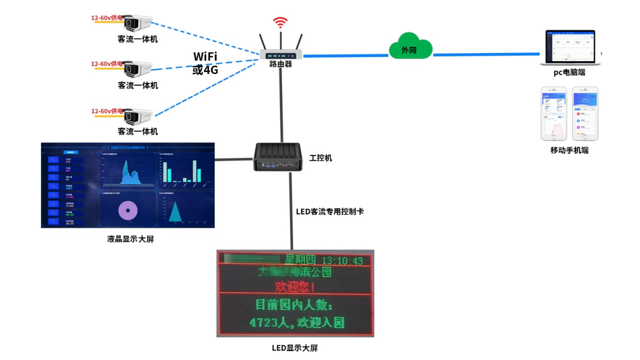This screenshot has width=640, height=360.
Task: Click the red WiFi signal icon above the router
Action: tap(280, 23)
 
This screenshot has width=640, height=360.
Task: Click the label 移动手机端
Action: tap(569, 150)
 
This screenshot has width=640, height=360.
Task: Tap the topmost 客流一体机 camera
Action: tap(137, 23)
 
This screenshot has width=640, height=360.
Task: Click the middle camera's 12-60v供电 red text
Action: tap(106, 64)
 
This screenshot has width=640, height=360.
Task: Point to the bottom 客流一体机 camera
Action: tap(137, 116)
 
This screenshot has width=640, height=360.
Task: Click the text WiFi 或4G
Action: tap(205, 63)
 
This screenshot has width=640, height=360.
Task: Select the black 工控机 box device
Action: tap(277, 157)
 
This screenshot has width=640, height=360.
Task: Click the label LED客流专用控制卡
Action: tap(330, 212)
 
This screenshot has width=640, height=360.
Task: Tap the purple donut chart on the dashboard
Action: tap(128, 210)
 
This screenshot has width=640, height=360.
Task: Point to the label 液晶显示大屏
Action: tap(131, 239)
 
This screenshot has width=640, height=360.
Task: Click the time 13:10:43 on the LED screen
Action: tap(342, 261)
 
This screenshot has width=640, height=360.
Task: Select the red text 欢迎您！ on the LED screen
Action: tap(295, 287)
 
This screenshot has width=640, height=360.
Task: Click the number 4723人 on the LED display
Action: tap(268, 322)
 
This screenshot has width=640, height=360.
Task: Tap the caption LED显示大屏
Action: tap(295, 348)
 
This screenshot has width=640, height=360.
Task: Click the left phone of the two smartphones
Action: tap(554, 113)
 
